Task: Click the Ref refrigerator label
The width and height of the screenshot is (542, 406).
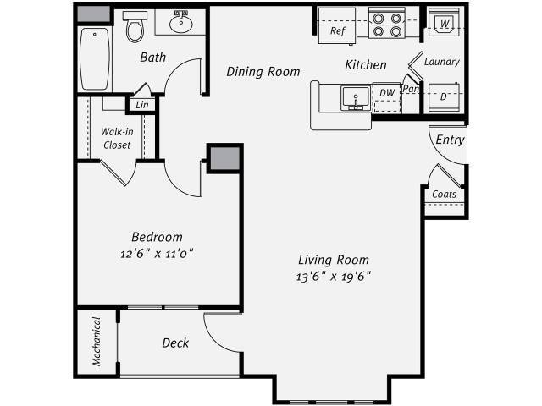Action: click(338, 31)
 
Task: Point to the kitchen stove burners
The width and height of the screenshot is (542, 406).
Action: click(386, 25)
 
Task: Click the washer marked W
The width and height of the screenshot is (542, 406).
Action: click(444, 23)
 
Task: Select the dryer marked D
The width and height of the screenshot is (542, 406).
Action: click(444, 96)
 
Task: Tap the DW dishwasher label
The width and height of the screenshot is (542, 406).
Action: click(386, 92)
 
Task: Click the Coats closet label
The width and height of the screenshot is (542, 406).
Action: click(444, 195)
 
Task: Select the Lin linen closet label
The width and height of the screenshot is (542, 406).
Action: click(141, 105)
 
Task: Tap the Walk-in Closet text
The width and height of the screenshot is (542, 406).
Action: click(117, 139)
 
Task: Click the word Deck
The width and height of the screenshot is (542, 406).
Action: click(175, 343)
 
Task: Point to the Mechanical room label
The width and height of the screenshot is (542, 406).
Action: click(97, 341)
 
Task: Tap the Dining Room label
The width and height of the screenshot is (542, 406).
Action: click(263, 72)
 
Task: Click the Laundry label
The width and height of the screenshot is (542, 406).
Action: click(441, 62)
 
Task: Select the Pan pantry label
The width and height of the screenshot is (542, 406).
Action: click(412, 89)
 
